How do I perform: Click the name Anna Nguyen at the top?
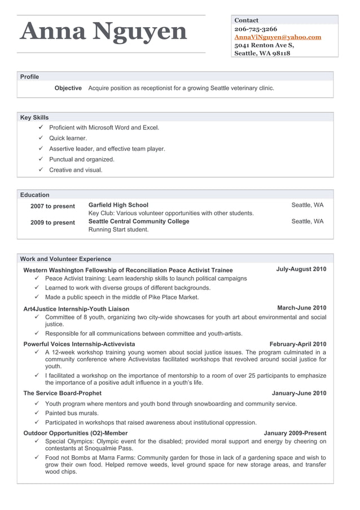point(103,32)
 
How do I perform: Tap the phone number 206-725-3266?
point(256,29)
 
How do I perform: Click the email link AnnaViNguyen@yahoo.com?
point(278,37)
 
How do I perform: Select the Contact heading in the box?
point(247,20)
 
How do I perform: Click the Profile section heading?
point(30,77)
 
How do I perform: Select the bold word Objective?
point(68,88)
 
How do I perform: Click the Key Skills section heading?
point(34,117)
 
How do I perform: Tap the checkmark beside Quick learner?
point(41,138)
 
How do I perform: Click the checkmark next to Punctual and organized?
point(41,159)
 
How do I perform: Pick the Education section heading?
point(35,195)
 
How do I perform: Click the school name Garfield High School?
point(118,205)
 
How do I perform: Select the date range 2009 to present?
point(52,223)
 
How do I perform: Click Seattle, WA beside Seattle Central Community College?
point(308,221)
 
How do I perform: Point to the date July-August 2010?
point(301,269)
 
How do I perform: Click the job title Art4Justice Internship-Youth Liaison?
point(76,309)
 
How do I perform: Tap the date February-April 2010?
point(298,344)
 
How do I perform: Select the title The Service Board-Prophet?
point(63,393)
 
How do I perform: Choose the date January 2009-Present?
point(295,433)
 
